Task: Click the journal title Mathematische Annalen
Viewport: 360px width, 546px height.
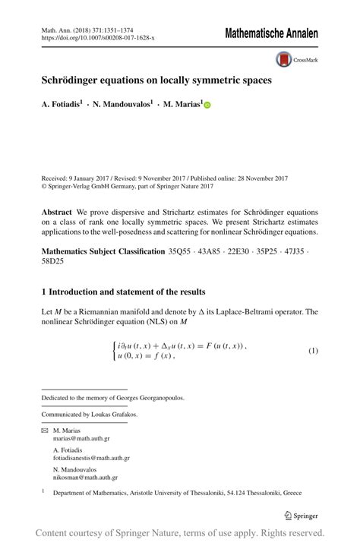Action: click(x=271, y=34)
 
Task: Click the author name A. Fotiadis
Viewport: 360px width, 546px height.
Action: click(x=62, y=106)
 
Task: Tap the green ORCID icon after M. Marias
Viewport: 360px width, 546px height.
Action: click(x=207, y=106)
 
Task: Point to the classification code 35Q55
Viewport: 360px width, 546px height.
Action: click(x=179, y=251)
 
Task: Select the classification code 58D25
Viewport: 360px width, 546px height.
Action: click(x=53, y=262)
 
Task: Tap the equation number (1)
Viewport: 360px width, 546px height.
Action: click(x=312, y=351)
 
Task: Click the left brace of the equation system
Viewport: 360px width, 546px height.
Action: click(x=115, y=351)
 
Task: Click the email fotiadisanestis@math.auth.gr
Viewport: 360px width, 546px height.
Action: click(x=91, y=458)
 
